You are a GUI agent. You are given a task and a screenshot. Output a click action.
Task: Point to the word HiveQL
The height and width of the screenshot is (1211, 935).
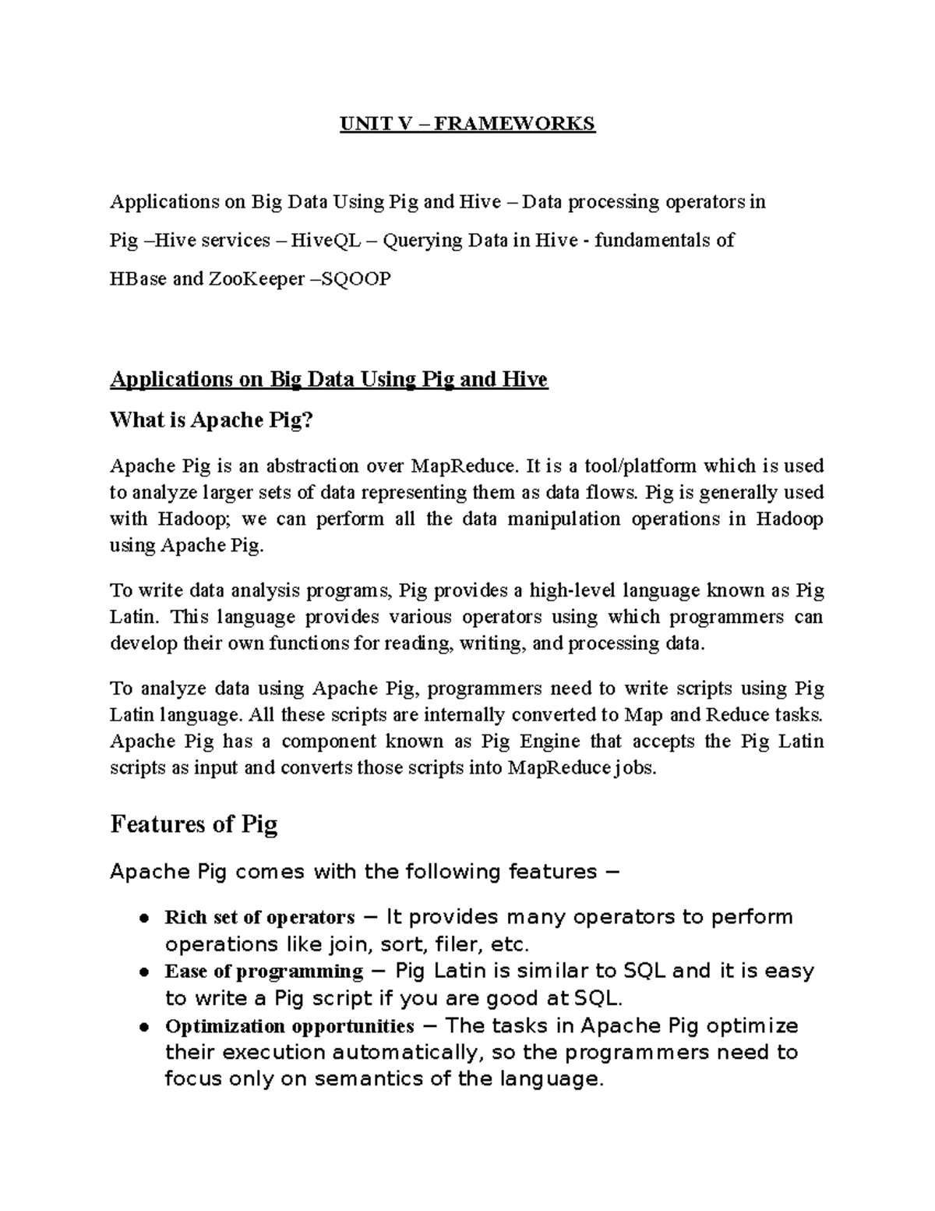[x=326, y=240]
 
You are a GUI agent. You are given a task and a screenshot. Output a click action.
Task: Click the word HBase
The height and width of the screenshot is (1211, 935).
[x=138, y=278]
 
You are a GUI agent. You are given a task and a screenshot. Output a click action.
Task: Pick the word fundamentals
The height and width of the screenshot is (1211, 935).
[x=654, y=240]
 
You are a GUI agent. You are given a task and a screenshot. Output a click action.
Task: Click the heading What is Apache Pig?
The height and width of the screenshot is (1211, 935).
[x=211, y=420]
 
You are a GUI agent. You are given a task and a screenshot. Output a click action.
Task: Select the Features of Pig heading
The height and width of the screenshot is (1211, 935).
[x=194, y=824]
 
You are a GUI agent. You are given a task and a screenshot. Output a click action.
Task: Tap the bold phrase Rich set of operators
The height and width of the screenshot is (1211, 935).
[x=259, y=917]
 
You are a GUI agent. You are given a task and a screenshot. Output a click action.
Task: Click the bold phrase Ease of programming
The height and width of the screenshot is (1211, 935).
[x=263, y=972]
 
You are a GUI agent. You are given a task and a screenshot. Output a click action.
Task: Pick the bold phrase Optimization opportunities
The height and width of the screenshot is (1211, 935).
[x=289, y=1026]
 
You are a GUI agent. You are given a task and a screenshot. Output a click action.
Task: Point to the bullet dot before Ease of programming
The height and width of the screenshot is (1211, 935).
[x=144, y=972]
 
